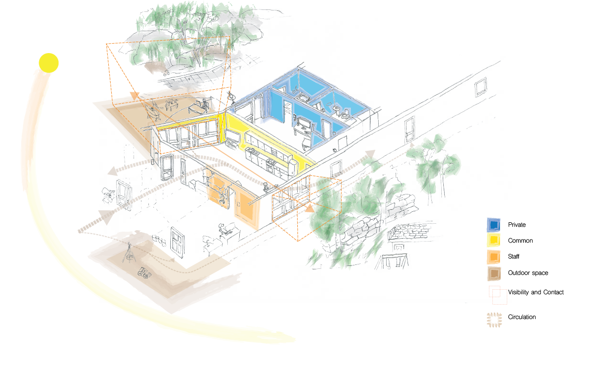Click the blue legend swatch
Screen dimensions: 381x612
tap(493, 225)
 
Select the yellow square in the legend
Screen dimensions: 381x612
tap(493, 241)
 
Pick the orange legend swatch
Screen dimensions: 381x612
tap(493, 256)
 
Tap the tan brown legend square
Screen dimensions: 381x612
tap(493, 273)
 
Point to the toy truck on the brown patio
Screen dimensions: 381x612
tap(144, 272)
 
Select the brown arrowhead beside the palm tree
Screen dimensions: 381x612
tap(411, 144)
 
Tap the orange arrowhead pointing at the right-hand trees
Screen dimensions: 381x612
tap(311, 208)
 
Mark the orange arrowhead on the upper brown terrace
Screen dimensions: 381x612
tap(133, 95)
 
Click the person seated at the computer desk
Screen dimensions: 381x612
tap(222, 229)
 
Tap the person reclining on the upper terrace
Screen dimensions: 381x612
tap(152, 109)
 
